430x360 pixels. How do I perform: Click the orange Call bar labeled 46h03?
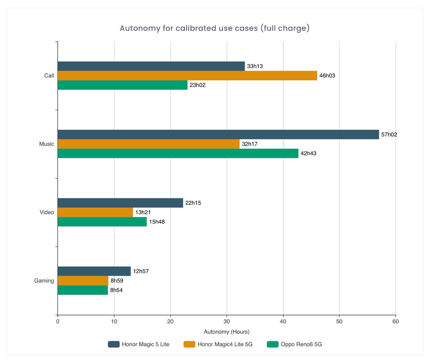point(187,76)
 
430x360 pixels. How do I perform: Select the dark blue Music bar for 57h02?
point(218,134)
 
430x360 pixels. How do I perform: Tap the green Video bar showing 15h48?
point(102,222)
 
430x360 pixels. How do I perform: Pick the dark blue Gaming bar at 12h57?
point(94,271)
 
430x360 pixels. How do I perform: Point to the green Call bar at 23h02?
point(122,85)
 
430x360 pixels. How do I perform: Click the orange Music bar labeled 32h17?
point(148,144)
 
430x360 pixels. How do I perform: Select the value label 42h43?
point(308,154)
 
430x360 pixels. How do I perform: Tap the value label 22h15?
point(193,203)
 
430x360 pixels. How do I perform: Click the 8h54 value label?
point(116,290)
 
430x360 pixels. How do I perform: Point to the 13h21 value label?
point(143,212)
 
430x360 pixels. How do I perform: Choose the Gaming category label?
point(44,281)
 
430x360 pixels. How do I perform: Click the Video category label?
point(47,212)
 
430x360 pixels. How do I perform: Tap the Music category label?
point(46,144)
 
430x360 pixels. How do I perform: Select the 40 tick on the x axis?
point(283,322)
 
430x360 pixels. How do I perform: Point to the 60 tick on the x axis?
point(396,322)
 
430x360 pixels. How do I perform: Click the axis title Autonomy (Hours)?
point(227,332)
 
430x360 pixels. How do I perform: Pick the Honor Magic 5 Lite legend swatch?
point(114,344)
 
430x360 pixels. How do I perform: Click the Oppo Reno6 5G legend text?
point(301,344)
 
